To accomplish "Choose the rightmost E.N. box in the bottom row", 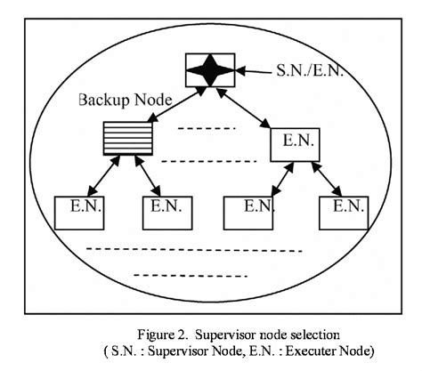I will click(343, 210).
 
